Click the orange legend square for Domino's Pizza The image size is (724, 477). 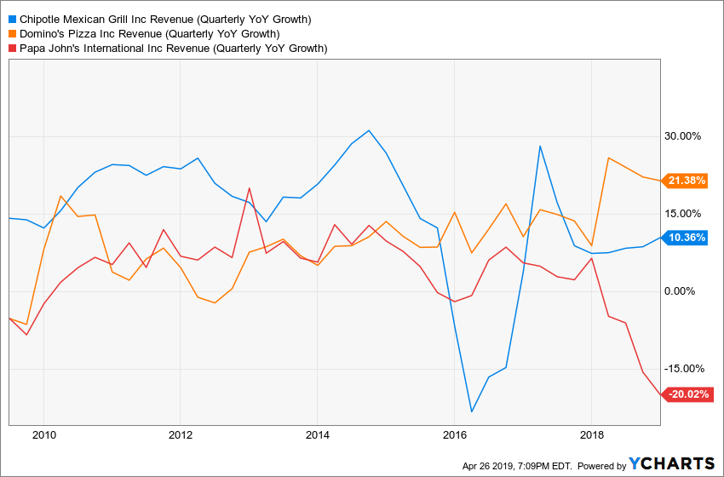[x=11, y=34]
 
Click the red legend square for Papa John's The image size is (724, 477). [x=11, y=49]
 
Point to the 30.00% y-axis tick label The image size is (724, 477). [x=684, y=136]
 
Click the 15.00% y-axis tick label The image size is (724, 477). [x=684, y=214]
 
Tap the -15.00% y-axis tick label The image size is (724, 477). [x=682, y=369]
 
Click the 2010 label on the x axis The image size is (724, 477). [x=43, y=435]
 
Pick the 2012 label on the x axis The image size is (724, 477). [x=181, y=435]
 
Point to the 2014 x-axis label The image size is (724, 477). [x=317, y=435]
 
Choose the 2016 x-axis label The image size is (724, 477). [x=455, y=435]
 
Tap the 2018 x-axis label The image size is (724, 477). [x=591, y=435]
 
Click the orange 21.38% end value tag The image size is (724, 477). [x=687, y=181]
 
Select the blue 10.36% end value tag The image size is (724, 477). [x=687, y=238]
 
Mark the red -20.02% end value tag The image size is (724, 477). [x=687, y=394]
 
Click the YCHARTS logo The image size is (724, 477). [x=672, y=463]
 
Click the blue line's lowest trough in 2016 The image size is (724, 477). [x=471, y=412]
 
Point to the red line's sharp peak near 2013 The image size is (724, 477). [x=250, y=188]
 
